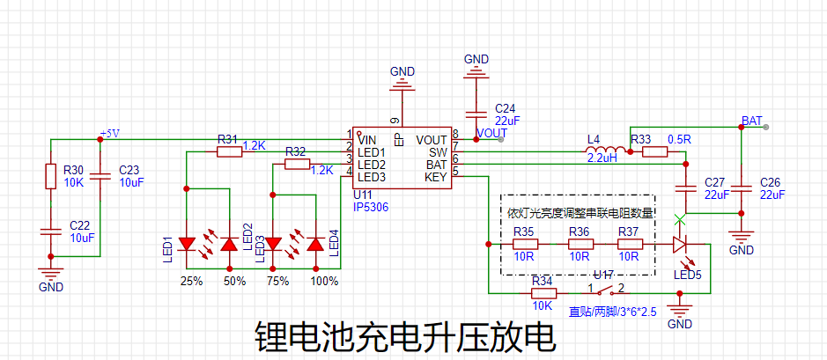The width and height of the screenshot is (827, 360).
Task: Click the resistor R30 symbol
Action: (x=50, y=177)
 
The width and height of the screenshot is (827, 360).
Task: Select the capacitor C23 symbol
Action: (x=100, y=176)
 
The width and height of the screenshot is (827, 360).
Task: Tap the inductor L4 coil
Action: (x=607, y=152)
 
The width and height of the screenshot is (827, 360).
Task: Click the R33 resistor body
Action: (x=654, y=152)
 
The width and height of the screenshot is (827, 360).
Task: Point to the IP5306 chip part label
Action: (x=370, y=207)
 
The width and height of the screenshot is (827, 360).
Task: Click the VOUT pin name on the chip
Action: (x=432, y=140)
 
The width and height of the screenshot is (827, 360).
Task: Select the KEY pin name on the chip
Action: (x=435, y=177)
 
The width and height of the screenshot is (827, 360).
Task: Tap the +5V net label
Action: (x=109, y=133)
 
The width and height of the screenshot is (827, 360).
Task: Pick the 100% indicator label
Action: (x=324, y=282)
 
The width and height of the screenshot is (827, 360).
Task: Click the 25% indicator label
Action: (x=191, y=282)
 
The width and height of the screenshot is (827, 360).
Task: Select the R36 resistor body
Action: (x=579, y=244)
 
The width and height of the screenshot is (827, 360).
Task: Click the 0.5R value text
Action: (x=679, y=139)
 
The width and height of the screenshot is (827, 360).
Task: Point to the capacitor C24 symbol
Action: (x=476, y=114)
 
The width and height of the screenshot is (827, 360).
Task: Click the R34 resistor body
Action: (x=543, y=291)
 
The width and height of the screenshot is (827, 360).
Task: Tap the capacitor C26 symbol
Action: (x=742, y=187)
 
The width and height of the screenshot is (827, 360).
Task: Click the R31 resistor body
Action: (x=229, y=152)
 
